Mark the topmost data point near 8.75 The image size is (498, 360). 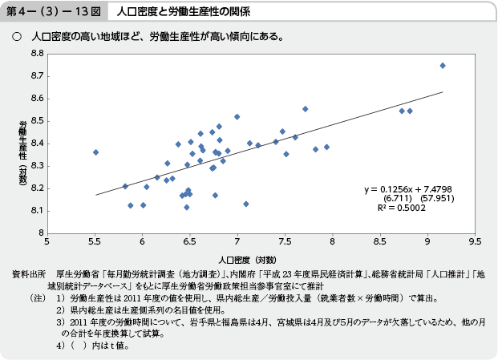[x=443, y=66]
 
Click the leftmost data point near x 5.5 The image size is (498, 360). [x=95, y=152]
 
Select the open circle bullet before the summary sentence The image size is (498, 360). [x=15, y=37]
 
